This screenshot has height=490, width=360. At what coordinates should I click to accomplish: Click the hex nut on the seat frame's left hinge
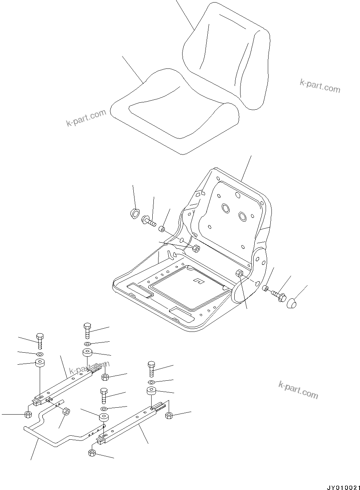tap(196, 248)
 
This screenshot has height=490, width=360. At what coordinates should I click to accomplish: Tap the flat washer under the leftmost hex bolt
tap(40, 354)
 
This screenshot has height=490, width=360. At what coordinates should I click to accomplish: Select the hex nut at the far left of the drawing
tap(27, 414)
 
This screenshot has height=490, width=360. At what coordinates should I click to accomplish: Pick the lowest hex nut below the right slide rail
tap(92, 453)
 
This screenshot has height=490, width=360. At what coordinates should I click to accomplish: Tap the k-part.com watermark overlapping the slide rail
tap(89, 368)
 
